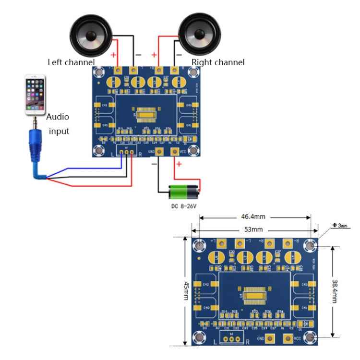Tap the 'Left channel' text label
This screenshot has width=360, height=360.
coord(71,62)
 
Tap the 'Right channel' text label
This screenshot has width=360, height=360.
coord(218,62)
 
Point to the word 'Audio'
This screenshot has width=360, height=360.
coord(58,117)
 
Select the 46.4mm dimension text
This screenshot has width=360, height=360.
coord(254,217)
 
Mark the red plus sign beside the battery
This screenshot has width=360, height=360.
coord(179,165)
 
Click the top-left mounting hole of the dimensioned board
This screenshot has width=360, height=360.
coord(200,246)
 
